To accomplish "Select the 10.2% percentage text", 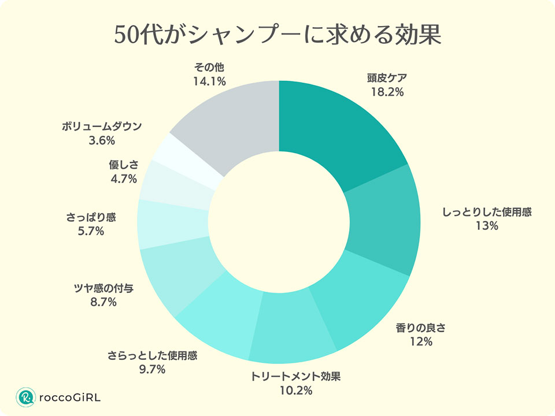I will [x=296, y=391].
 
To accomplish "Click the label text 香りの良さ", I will [x=421, y=328].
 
